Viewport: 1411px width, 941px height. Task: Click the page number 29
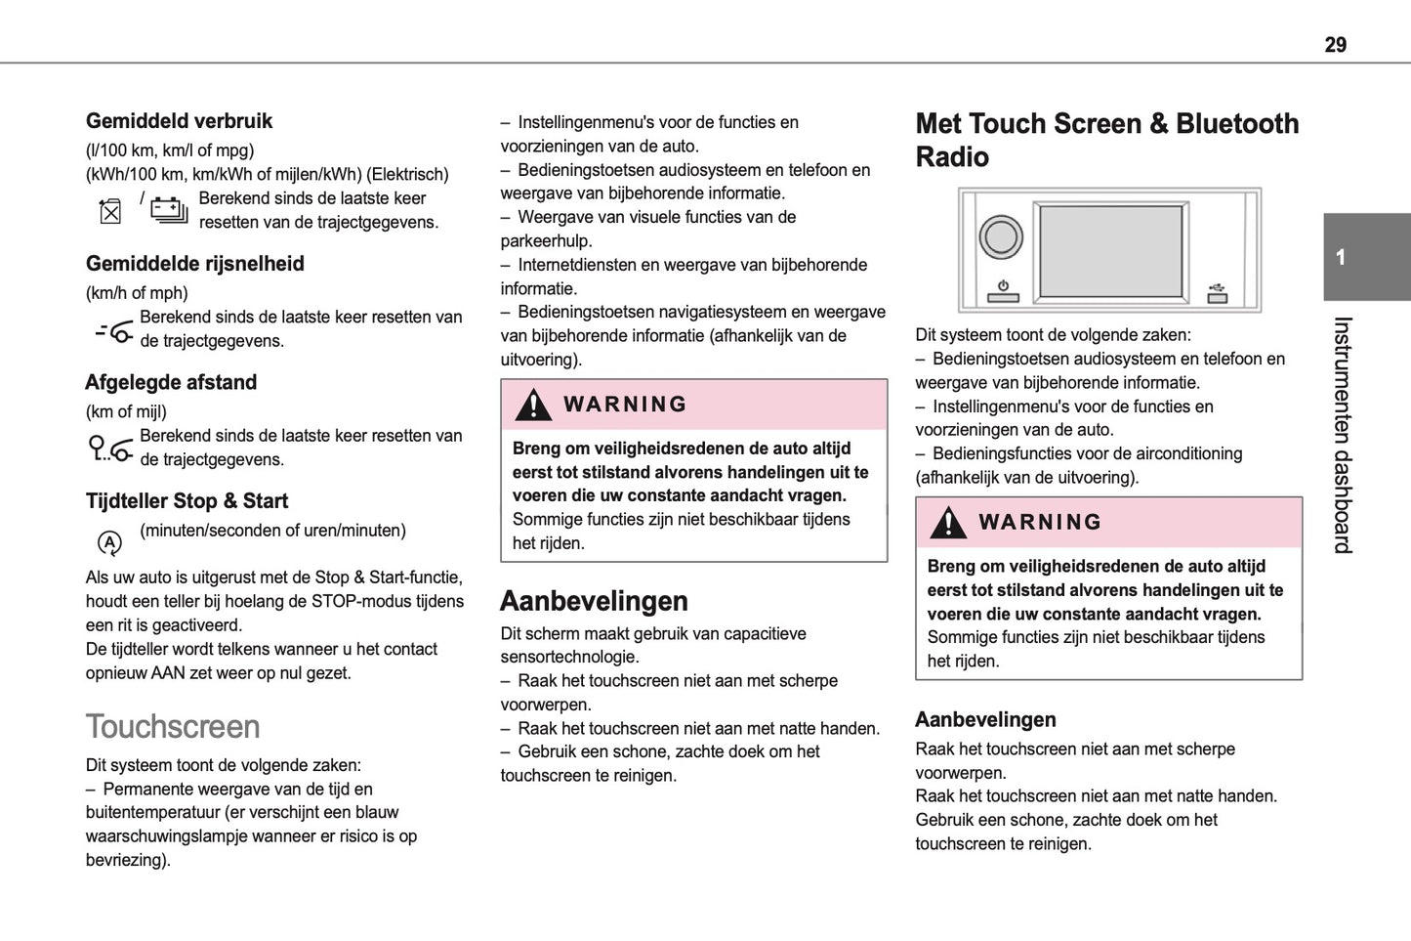(x=1335, y=45)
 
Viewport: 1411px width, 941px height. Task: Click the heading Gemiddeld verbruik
(x=179, y=121)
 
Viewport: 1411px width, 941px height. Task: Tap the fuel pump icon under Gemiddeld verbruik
(x=110, y=211)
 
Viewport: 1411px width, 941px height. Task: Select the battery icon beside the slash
(x=169, y=210)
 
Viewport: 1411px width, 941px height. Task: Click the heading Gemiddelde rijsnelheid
(x=194, y=264)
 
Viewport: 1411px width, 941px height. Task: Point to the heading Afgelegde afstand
(x=171, y=382)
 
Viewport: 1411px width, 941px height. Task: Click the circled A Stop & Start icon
(x=109, y=542)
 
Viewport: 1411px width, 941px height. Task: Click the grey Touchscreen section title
(x=173, y=727)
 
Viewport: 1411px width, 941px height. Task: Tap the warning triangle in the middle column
(x=533, y=405)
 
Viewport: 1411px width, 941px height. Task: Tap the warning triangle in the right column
(x=947, y=523)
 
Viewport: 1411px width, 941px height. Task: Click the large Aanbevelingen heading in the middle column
(x=594, y=601)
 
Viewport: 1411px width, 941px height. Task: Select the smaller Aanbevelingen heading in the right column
(x=985, y=720)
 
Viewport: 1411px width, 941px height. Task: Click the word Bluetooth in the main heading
(x=1237, y=124)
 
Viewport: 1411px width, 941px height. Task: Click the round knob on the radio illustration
(x=1001, y=236)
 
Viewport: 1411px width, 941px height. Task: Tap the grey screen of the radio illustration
(x=1110, y=250)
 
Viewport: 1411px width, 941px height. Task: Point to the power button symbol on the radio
(x=1003, y=290)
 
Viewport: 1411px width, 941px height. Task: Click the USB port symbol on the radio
(x=1217, y=292)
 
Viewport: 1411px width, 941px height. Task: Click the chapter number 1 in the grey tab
(x=1341, y=258)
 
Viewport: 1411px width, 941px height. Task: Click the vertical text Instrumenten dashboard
(x=1343, y=435)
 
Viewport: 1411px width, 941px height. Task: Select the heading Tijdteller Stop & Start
(x=187, y=501)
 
